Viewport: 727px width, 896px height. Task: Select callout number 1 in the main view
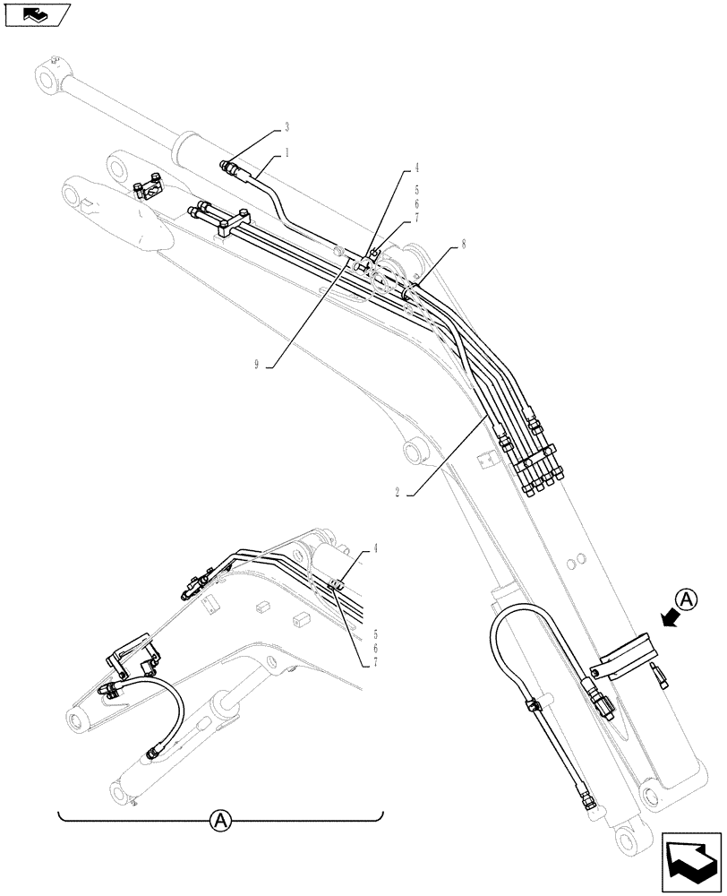(x=287, y=153)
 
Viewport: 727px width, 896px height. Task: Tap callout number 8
(x=463, y=243)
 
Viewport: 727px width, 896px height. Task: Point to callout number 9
(x=257, y=365)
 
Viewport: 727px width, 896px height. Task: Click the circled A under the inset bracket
(x=220, y=818)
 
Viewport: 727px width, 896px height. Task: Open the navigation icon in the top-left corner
(x=37, y=13)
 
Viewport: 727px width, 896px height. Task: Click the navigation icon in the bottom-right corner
(x=692, y=861)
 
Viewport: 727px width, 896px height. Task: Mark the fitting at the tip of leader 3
(x=228, y=164)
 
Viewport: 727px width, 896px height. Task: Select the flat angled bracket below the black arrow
(x=627, y=656)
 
